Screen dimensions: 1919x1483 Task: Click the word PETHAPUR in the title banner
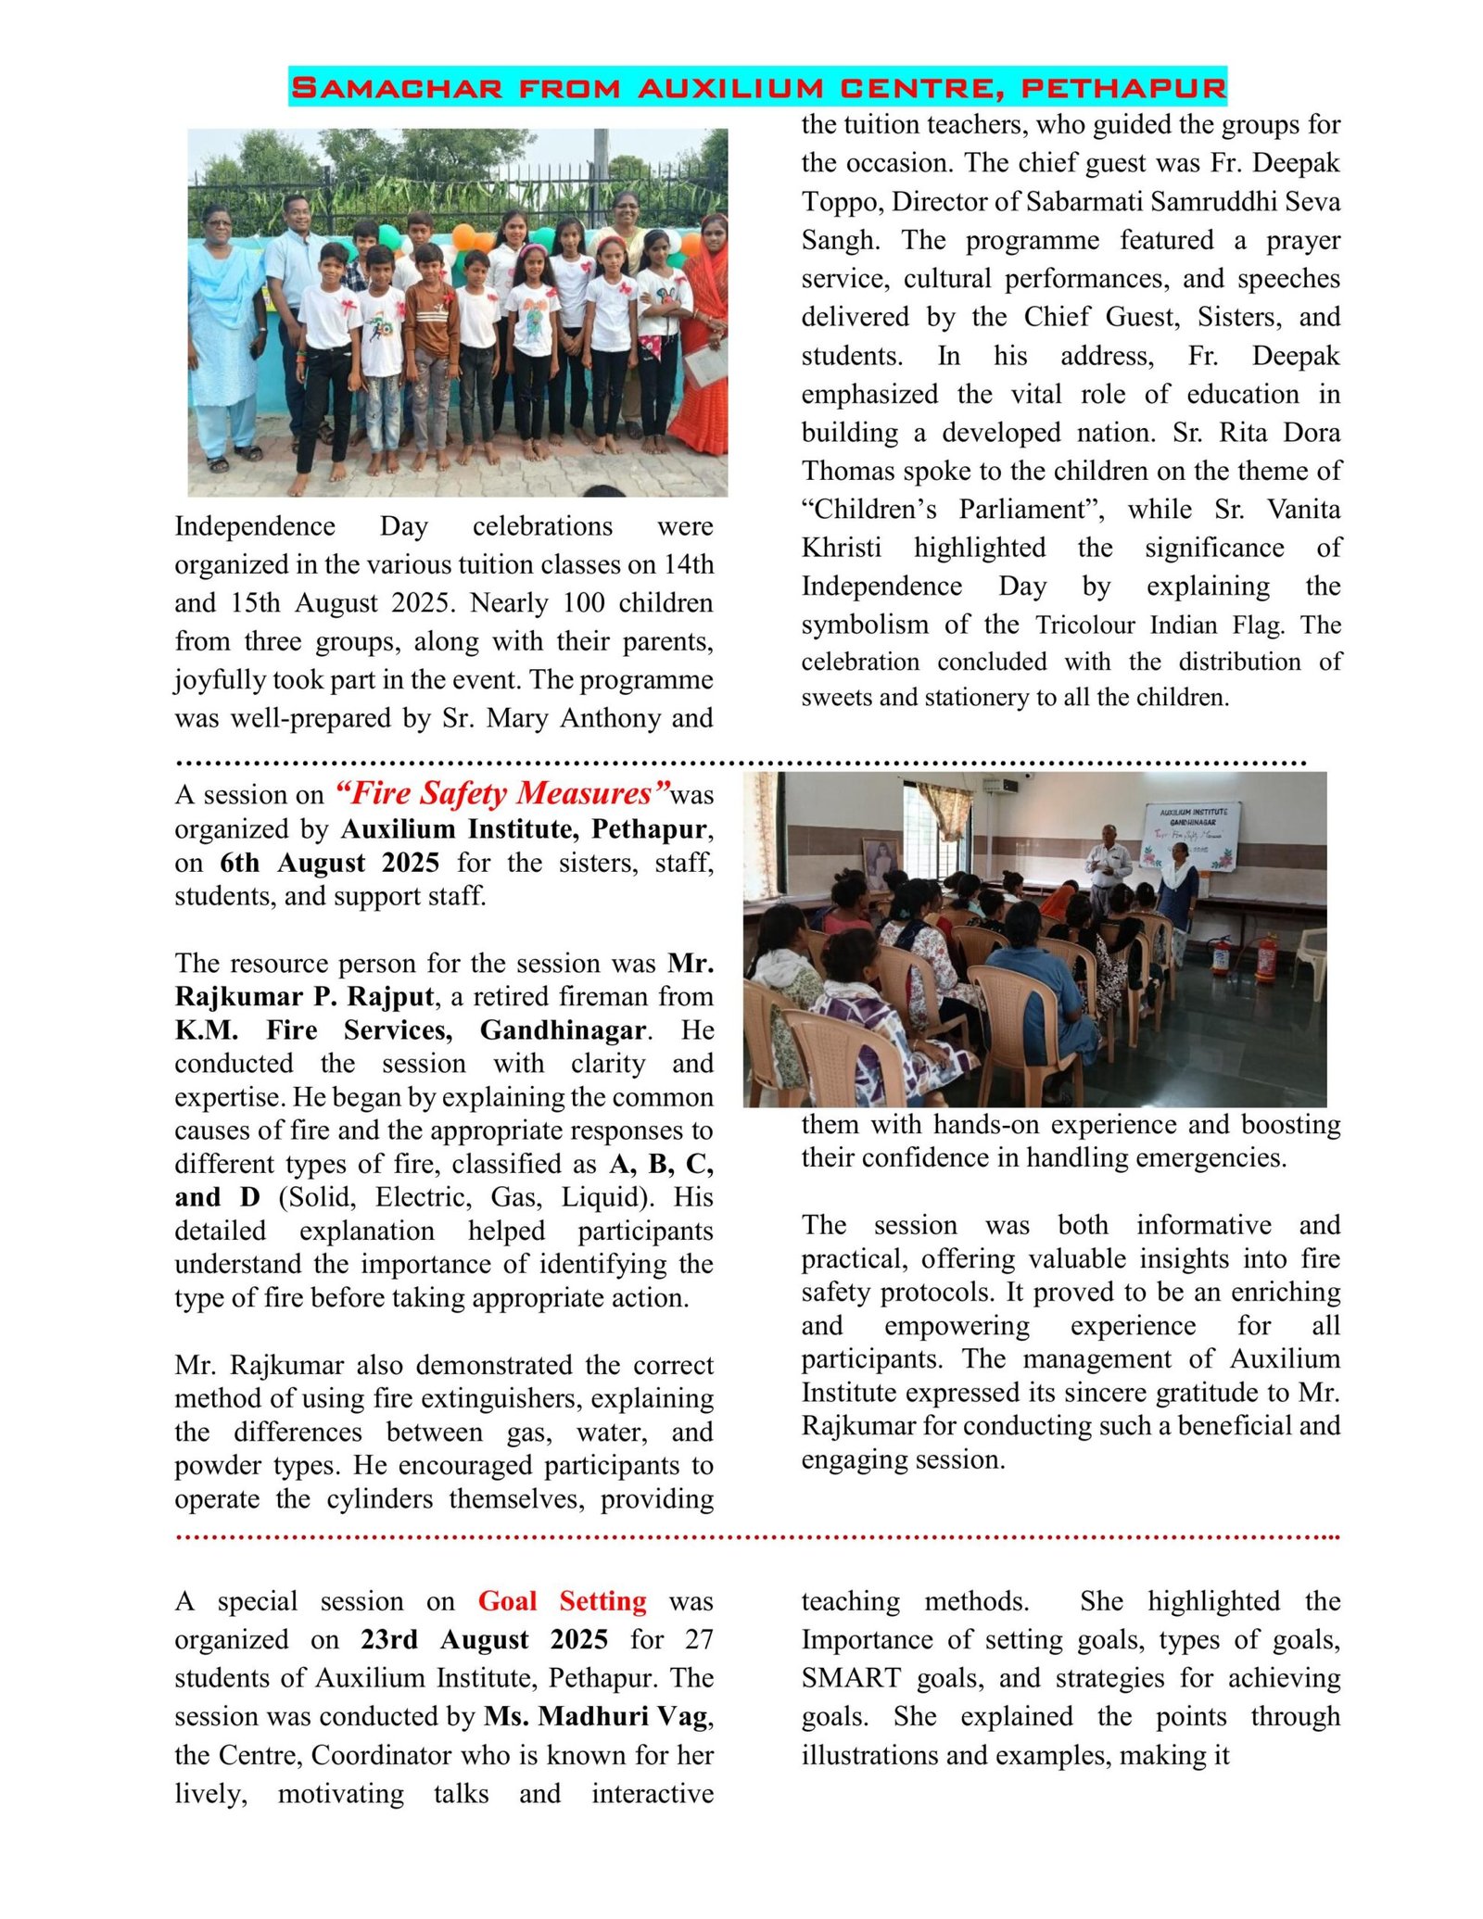click(1122, 88)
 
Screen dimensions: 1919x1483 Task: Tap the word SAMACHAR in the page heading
click(397, 88)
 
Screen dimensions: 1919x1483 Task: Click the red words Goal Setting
click(562, 1600)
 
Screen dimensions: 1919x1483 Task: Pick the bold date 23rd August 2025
click(484, 1639)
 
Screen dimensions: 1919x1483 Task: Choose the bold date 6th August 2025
click(329, 862)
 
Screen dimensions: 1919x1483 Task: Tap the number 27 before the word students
click(699, 1639)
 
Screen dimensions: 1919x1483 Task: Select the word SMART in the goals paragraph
click(850, 1677)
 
